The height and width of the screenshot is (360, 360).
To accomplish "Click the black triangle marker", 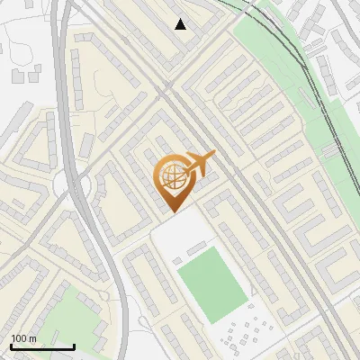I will [x=181, y=24].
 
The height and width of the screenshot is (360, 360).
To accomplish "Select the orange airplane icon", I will [x=201, y=163].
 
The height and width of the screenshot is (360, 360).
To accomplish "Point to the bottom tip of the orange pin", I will [x=171, y=211].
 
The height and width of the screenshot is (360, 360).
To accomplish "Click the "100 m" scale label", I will [x=23, y=338].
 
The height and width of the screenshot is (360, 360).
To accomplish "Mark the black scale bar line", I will [x=41, y=347].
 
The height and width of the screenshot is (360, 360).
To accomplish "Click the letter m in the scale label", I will [x=32, y=338].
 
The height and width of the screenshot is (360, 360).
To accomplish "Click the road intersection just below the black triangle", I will [x=166, y=86].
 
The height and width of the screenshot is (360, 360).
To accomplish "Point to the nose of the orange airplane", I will [x=215, y=155].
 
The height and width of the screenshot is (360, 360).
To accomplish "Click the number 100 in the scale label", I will [x=19, y=338].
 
